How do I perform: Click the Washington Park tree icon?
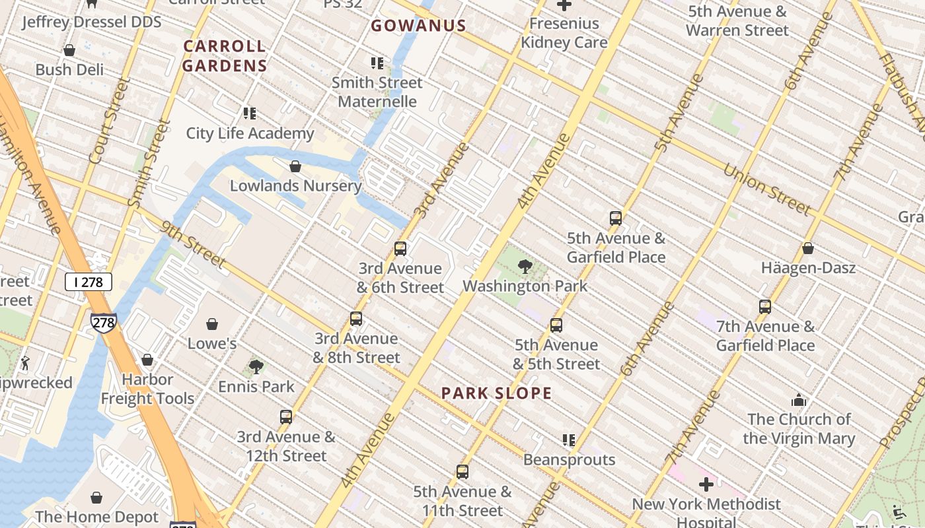pyautogui.click(x=525, y=267)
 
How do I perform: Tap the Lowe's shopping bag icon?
pyautogui.click(x=212, y=324)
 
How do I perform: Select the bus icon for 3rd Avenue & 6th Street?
pyautogui.click(x=400, y=249)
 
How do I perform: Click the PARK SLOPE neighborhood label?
pyautogui.click(x=496, y=393)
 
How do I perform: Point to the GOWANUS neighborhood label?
pyautogui.click(x=418, y=26)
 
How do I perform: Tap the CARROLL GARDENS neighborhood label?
pyautogui.click(x=225, y=55)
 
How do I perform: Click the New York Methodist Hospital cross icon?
pyautogui.click(x=706, y=484)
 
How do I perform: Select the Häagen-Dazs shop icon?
pyautogui.click(x=807, y=248)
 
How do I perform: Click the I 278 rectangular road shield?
pyautogui.click(x=89, y=282)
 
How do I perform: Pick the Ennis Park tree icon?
pyautogui.click(x=256, y=366)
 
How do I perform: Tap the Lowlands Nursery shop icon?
pyautogui.click(x=295, y=166)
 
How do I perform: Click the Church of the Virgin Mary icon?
pyautogui.click(x=799, y=400)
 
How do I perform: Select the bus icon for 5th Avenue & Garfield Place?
pyautogui.click(x=616, y=218)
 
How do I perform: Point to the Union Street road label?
pyautogui.click(x=766, y=189)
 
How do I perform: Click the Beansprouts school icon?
pyautogui.click(x=569, y=440)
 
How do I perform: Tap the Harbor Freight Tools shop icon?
pyautogui.click(x=147, y=360)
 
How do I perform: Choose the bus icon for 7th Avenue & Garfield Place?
pyautogui.click(x=765, y=307)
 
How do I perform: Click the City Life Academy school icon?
pyautogui.click(x=249, y=114)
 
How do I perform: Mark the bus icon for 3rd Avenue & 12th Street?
pyautogui.click(x=286, y=417)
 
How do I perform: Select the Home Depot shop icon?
pyautogui.click(x=96, y=497)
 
